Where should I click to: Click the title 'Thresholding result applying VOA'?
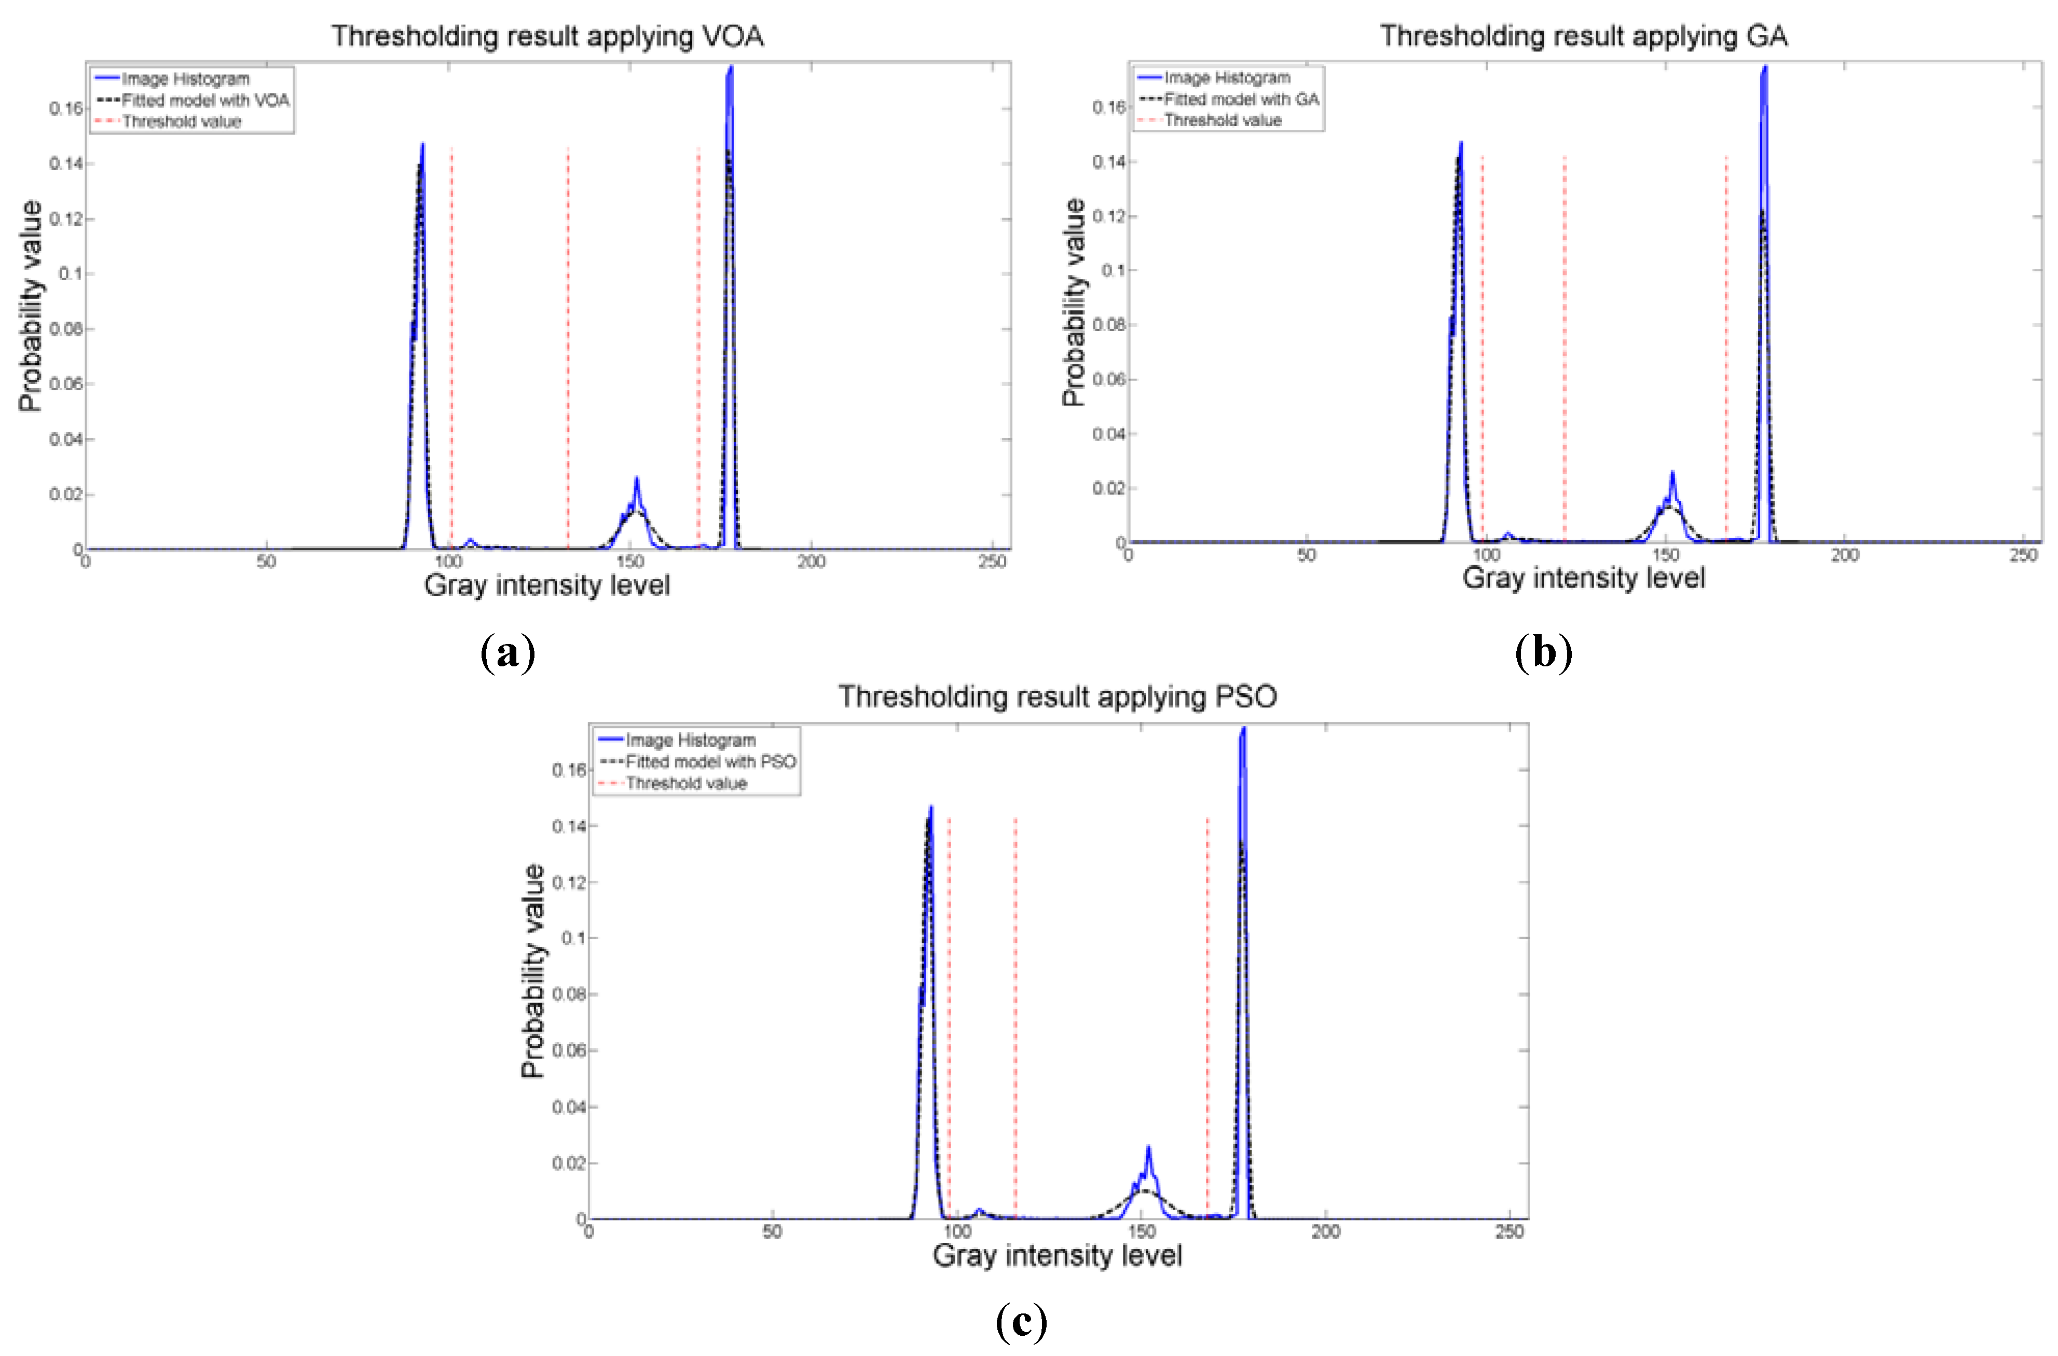point(547,36)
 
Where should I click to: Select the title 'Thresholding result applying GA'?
point(1583,36)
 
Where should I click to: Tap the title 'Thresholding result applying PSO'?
point(1058,697)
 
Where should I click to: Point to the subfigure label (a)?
point(507,653)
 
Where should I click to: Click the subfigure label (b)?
point(1543,653)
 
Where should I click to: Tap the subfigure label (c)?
point(1021,1321)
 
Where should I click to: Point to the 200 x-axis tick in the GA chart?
point(1844,555)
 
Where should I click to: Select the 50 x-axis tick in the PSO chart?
point(772,1231)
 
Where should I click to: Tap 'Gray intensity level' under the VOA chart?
point(547,585)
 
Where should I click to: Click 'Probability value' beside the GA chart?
point(1073,303)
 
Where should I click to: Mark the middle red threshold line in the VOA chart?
point(568,346)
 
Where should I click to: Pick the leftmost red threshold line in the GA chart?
point(1482,346)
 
